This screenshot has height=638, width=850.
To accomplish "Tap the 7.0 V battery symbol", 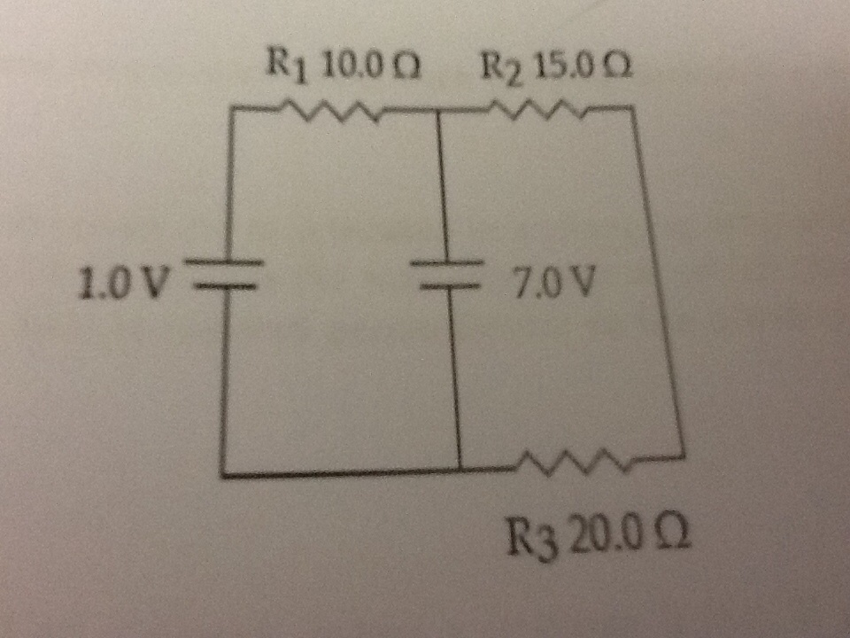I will pos(447,276).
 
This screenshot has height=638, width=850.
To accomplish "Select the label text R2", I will pos(499,67).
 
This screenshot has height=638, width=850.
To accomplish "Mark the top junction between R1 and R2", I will pos(438,111).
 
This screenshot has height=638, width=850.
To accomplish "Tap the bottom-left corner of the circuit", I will pos(221,476).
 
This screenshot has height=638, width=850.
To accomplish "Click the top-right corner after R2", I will pos(634,108).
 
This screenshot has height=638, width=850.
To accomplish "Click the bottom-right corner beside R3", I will pos(684,456).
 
